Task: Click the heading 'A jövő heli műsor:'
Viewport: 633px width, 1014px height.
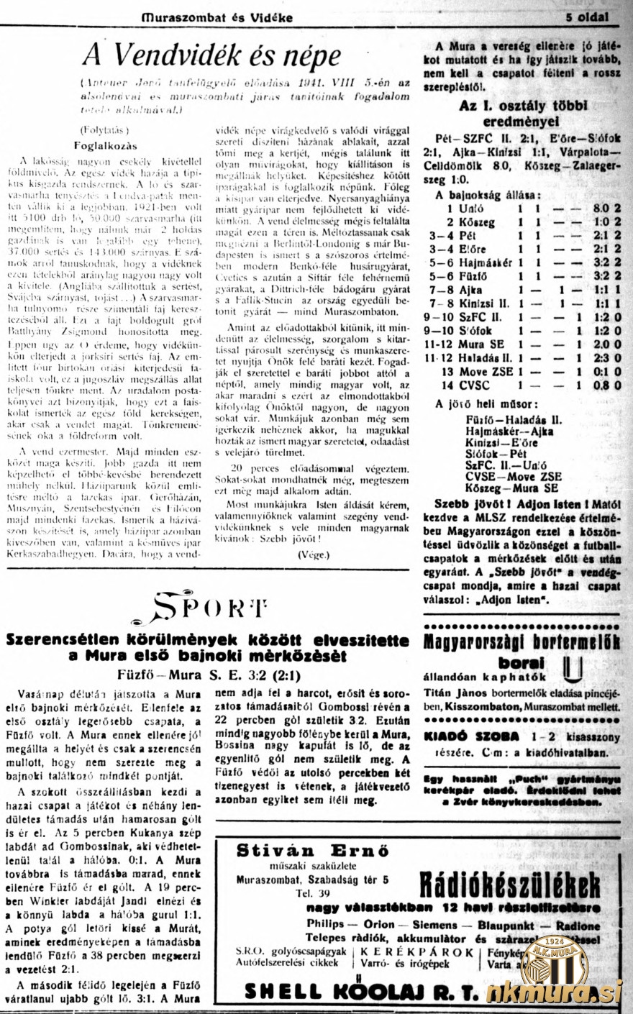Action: point(486,403)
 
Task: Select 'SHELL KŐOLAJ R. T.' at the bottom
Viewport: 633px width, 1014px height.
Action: point(360,992)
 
